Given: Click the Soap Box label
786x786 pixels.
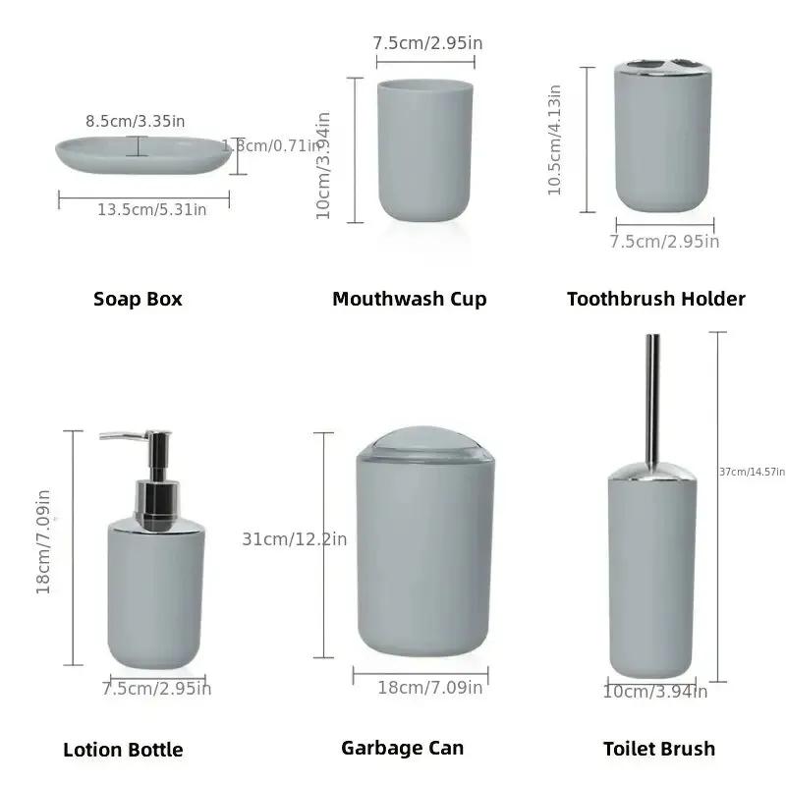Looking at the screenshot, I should (138, 299).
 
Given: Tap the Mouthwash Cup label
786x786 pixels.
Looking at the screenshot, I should (409, 299).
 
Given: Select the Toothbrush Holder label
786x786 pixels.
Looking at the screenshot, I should (655, 299).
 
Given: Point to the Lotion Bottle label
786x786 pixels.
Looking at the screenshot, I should (123, 750).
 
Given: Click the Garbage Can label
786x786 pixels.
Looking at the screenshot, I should (402, 748).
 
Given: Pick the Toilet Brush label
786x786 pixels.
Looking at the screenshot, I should (658, 749).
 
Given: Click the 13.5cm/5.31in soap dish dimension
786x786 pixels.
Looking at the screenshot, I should (151, 209).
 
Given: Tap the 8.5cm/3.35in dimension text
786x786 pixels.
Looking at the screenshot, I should (136, 121).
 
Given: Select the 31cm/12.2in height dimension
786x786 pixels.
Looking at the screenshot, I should (294, 538).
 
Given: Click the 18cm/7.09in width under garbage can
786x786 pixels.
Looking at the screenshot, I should (430, 688).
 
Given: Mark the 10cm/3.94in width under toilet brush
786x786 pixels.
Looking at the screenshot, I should (654, 692).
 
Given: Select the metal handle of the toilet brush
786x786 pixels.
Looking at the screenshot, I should (651, 393).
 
